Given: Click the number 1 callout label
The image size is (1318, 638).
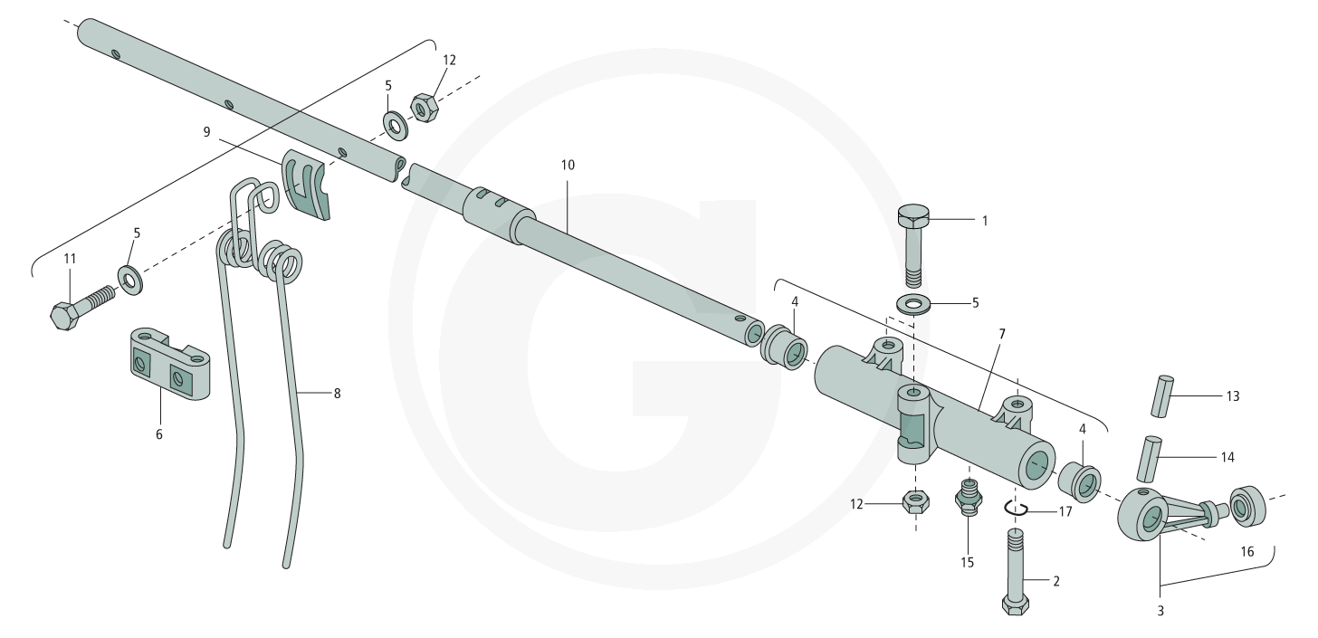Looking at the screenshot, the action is click(x=985, y=221).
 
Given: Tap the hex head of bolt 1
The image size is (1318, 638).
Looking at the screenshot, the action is click(x=913, y=216).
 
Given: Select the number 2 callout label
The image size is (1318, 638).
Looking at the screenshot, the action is click(x=1056, y=582).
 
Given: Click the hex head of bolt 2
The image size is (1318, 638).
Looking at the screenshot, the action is click(x=1015, y=605).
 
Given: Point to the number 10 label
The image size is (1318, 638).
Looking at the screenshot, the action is click(x=568, y=166).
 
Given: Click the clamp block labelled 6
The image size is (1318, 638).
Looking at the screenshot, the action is click(x=169, y=365).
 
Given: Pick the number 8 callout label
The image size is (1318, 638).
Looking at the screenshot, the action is click(x=337, y=394).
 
